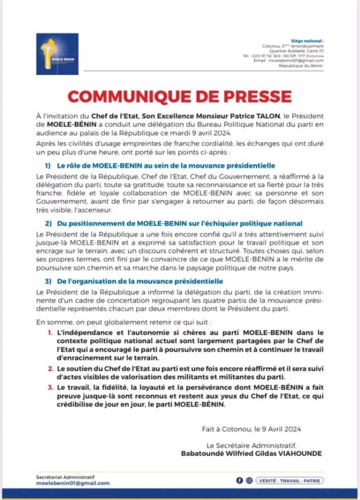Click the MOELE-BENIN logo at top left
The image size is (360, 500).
click(x=57, y=54)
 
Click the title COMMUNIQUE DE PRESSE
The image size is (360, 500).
click(x=179, y=97)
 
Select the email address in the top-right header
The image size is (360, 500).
click(x=298, y=60)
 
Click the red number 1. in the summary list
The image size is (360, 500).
click(x=49, y=331)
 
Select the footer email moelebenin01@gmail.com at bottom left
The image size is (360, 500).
click(x=73, y=483)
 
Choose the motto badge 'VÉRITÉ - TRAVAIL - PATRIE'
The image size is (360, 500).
click(x=287, y=481)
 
